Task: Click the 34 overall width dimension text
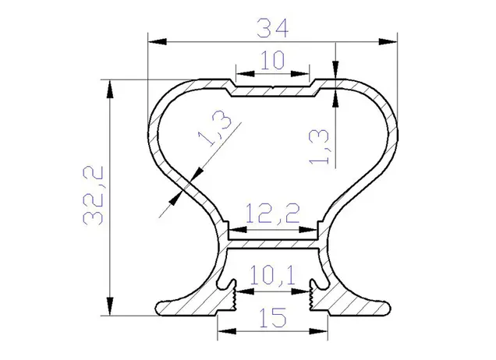[x=273, y=29]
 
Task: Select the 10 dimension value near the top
[x=273, y=60]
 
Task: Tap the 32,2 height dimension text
[x=94, y=196]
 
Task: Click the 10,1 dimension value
[x=272, y=275]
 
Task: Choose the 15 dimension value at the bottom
[x=273, y=317]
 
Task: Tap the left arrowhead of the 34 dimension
[x=158, y=42]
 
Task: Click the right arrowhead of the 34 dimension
[x=388, y=42]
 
